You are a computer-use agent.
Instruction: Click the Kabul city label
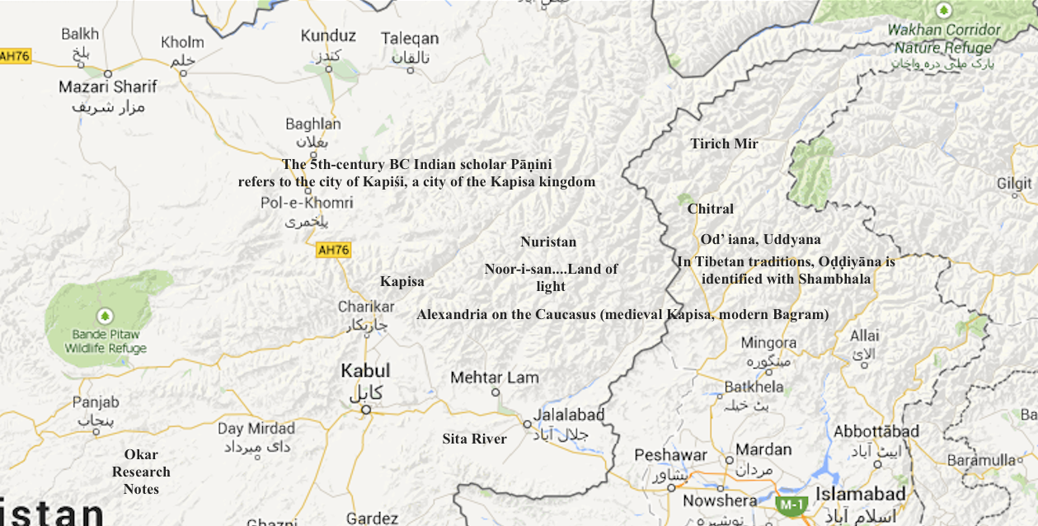365,371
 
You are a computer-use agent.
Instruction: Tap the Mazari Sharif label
107,87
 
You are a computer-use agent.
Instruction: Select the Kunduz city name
328,35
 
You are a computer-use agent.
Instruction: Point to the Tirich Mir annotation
724,143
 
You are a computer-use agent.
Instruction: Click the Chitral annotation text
710,209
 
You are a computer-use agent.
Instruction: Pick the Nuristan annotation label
548,242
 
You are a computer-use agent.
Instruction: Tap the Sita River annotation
474,439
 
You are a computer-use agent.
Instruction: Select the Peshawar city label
670,455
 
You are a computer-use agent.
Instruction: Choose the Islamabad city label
860,494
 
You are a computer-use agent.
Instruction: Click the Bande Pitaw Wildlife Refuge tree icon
104,315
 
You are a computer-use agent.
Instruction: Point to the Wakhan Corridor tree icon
944,11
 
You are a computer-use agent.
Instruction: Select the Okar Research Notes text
141,472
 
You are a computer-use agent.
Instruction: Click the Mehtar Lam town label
495,378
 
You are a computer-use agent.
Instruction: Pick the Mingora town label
768,343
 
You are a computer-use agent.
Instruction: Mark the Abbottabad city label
876,432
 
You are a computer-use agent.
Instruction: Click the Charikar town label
362,307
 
